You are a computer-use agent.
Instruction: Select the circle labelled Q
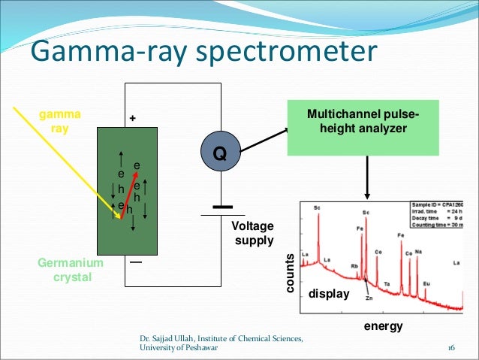pos(220,153)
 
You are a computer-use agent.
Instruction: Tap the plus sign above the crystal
pos(134,119)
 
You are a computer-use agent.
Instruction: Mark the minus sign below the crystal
pos(135,263)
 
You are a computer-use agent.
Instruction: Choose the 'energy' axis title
pos(383,326)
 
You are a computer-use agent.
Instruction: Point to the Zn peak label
pos(369,298)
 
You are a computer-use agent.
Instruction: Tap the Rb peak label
pos(354,266)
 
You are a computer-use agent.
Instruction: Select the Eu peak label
pos(426,283)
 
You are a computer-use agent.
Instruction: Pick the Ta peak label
pos(387,284)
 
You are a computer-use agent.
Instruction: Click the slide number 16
pos(451,348)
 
